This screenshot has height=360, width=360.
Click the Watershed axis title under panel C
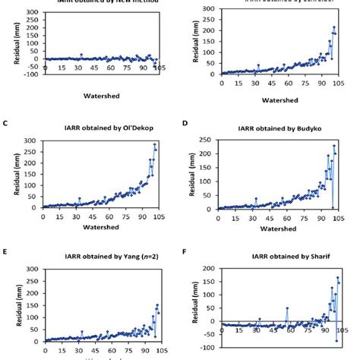click(x=100, y=226)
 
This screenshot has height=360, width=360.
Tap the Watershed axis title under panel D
click(x=280, y=226)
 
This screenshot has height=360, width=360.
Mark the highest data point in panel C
click(x=155, y=144)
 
